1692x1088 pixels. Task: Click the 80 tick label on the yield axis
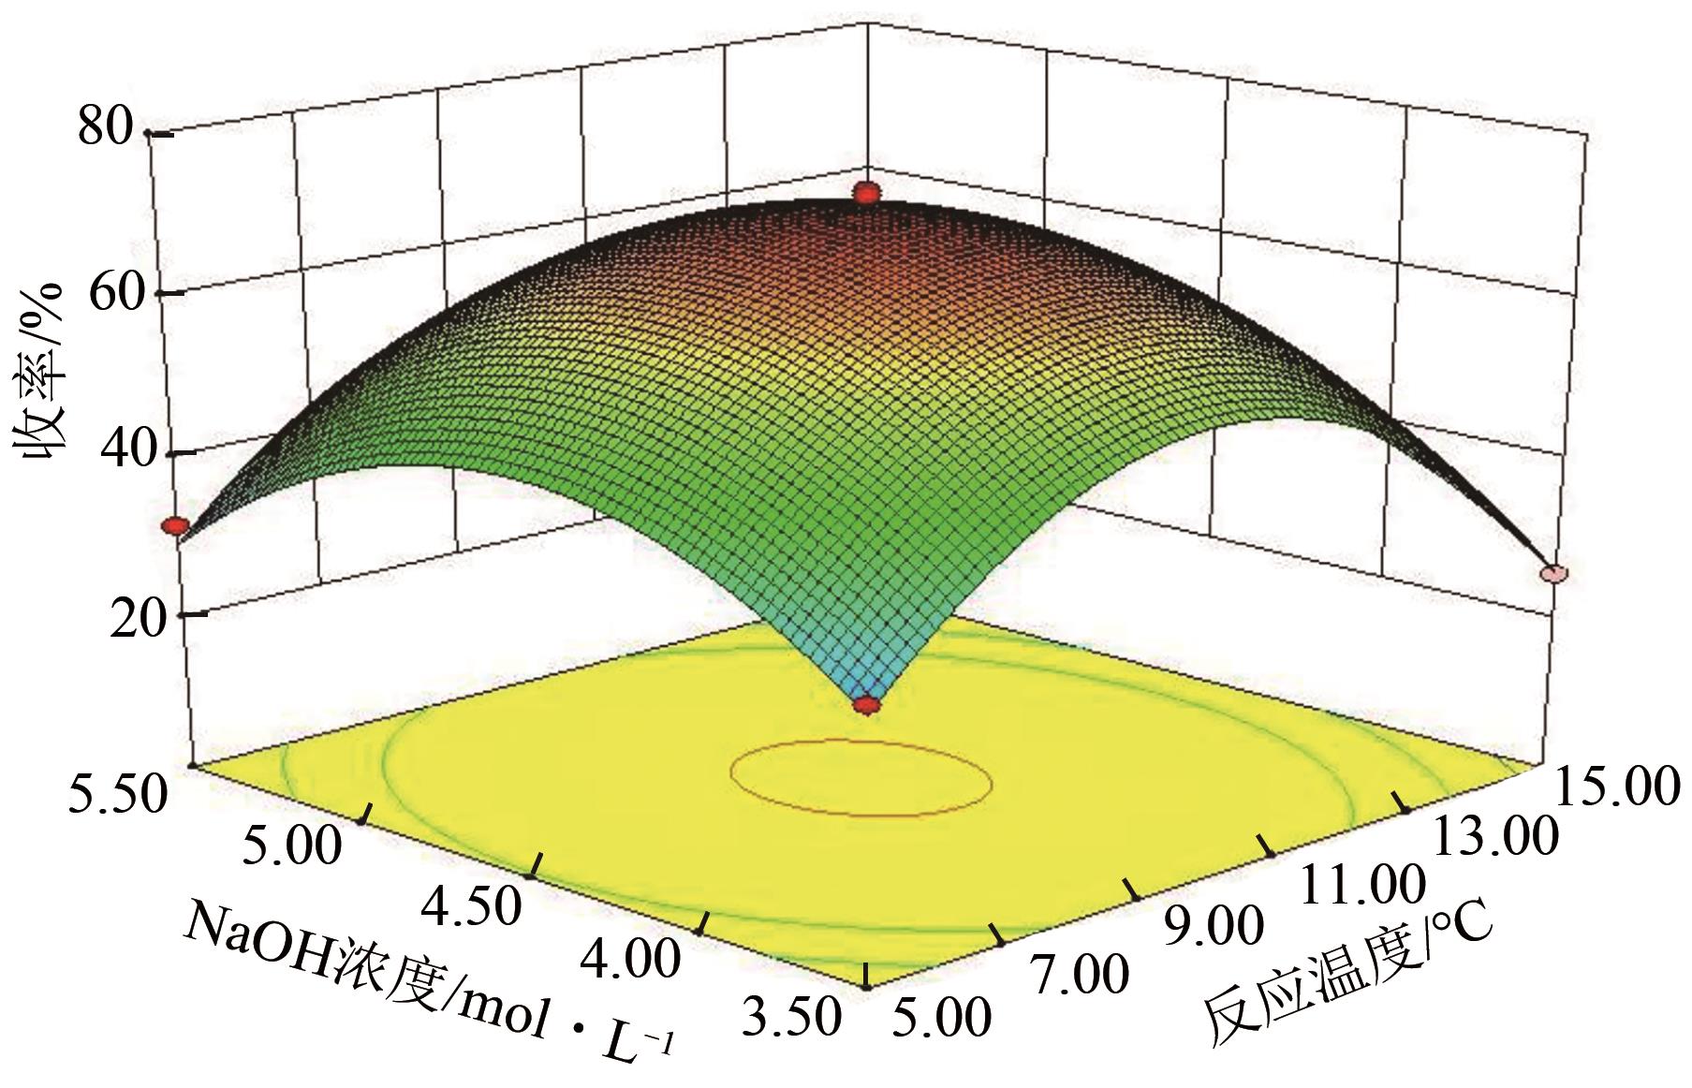[x=109, y=129]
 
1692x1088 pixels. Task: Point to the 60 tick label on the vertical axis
[x=119, y=291]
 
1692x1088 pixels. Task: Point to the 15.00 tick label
[x=1614, y=785]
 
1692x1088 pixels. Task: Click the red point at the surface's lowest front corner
[x=867, y=705]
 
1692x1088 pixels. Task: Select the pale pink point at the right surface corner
[x=1553, y=574]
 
